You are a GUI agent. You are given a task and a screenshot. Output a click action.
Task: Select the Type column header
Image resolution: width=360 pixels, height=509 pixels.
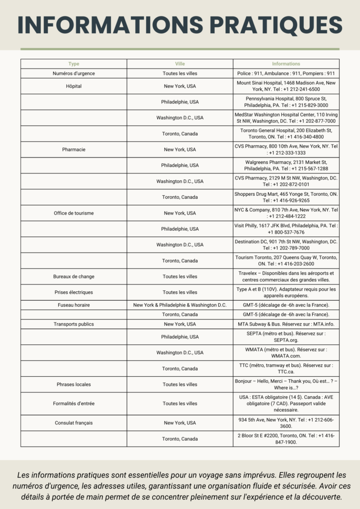click(74, 64)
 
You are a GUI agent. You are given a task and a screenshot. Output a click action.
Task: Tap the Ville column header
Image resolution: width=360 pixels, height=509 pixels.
click(180, 64)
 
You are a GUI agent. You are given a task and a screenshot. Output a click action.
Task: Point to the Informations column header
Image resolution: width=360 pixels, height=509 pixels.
click(286, 64)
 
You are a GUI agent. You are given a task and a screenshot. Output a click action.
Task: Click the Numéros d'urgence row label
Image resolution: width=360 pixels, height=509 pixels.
click(74, 74)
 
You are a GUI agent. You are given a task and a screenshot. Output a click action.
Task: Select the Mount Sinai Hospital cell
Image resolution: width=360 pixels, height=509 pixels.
click(286, 86)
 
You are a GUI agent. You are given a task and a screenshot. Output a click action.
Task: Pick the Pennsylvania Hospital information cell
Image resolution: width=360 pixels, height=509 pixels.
click(286, 102)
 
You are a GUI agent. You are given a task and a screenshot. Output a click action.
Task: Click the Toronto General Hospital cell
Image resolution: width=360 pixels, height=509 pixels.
click(286, 134)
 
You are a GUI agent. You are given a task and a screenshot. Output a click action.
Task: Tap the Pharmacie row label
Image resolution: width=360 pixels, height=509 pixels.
click(74, 150)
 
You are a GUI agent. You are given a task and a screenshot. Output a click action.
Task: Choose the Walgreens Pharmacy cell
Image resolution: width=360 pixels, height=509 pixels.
click(286, 166)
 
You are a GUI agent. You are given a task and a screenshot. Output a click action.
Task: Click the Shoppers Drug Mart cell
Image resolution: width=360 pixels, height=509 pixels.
click(286, 197)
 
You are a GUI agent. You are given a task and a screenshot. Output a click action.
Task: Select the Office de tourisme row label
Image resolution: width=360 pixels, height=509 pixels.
click(74, 213)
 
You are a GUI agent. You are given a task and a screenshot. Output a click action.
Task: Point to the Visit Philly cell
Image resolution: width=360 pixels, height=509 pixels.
click(286, 229)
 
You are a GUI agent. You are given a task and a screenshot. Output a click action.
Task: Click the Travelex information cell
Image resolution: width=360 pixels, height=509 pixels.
click(286, 276)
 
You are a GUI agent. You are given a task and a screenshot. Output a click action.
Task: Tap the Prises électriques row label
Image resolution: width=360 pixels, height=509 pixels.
click(74, 292)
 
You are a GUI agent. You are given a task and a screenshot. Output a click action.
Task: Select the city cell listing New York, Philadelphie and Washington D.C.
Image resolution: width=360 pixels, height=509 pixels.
click(180, 305)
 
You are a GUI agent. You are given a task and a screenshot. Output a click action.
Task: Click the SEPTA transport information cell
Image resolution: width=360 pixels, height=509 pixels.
click(286, 337)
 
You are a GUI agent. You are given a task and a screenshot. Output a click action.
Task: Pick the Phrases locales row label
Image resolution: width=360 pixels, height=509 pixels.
click(74, 384)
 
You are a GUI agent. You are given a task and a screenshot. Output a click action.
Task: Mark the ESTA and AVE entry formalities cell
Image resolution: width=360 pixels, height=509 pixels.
click(286, 404)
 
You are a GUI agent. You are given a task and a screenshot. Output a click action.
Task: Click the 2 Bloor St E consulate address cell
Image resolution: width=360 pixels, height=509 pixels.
click(286, 439)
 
